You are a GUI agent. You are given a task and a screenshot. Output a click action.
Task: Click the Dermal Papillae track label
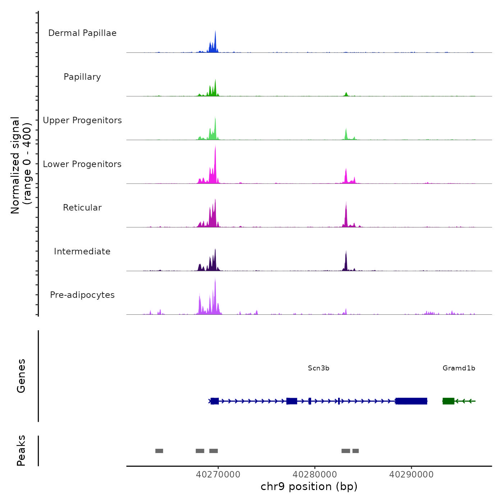[82, 33]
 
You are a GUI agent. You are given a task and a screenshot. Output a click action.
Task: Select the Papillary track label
[82, 77]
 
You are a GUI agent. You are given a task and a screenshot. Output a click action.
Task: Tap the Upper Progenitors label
[82, 120]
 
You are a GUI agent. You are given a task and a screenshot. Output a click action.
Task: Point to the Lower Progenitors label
[82, 164]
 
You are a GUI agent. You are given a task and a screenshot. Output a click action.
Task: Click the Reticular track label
[82, 208]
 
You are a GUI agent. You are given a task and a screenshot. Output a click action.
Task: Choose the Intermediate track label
[82, 251]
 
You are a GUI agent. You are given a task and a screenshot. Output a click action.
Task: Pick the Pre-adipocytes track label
[82, 295]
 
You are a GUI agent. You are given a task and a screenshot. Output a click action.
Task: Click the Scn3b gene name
[319, 368]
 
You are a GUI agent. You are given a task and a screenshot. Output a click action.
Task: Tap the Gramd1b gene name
[459, 368]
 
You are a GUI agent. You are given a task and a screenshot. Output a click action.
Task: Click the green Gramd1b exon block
[448, 401]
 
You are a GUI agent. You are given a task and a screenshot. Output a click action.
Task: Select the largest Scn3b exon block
[411, 401]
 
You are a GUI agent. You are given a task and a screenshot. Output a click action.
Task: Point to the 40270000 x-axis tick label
[218, 475]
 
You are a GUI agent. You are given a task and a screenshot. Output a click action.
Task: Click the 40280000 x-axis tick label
[315, 475]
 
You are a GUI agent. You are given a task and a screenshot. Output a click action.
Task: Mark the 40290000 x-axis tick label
[411, 475]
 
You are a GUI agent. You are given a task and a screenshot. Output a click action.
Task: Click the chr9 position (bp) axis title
[309, 487]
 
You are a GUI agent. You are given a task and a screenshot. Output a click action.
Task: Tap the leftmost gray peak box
[159, 451]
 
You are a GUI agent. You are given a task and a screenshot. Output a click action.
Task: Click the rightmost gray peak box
[356, 451]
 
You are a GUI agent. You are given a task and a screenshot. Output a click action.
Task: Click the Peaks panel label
[21, 451]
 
